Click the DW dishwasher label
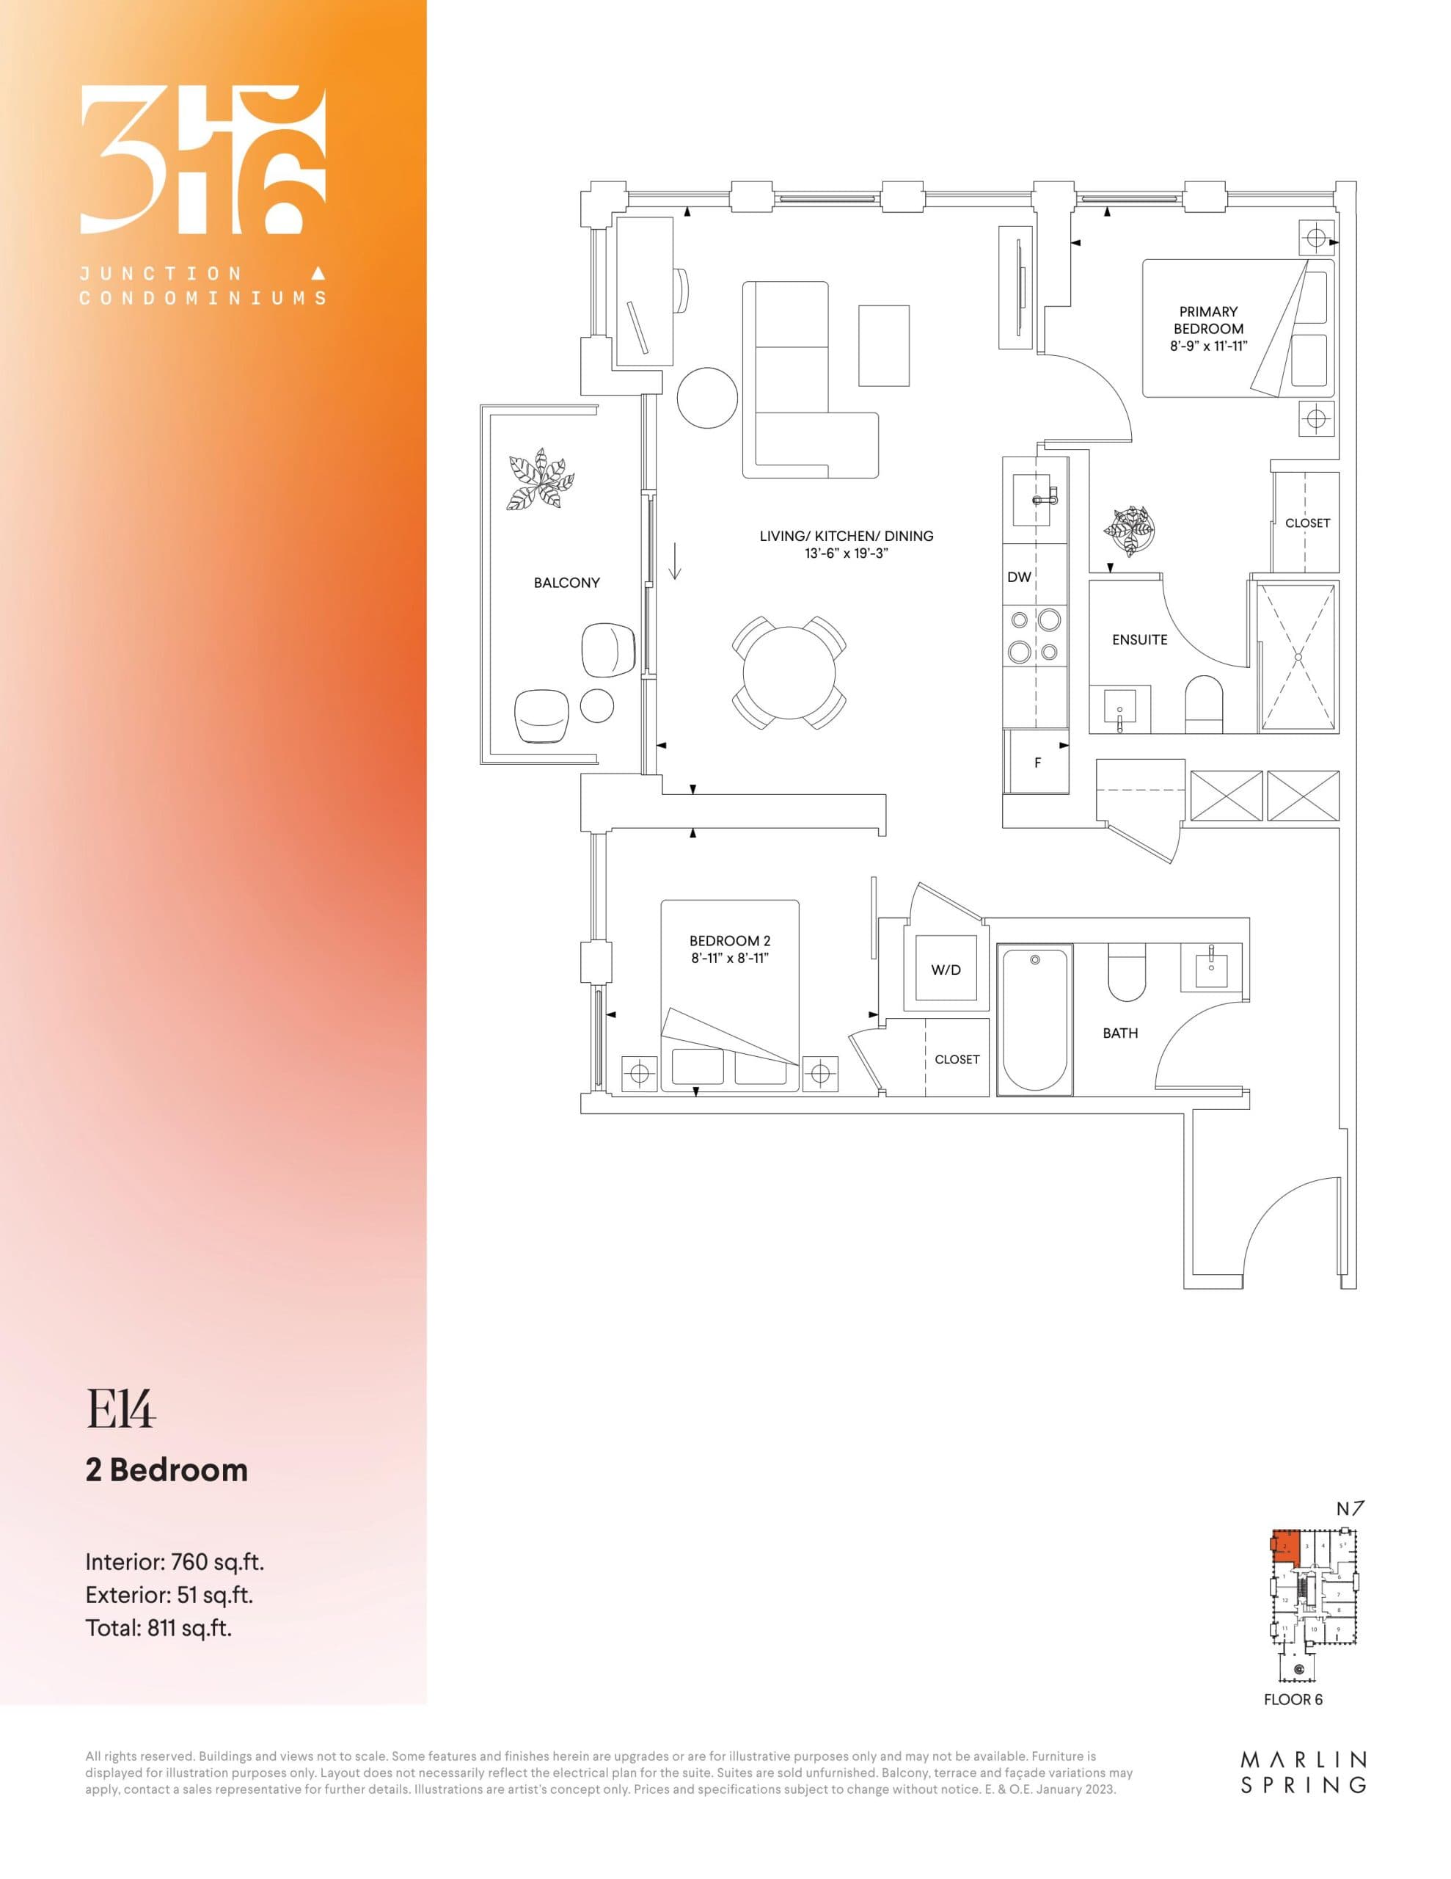[x=1018, y=578]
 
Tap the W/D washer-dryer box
[x=946, y=970]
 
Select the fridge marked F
[x=1037, y=763]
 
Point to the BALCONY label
[x=566, y=583]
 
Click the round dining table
[x=789, y=672]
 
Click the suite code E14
[x=120, y=1409]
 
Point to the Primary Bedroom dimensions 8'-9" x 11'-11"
[x=1207, y=346]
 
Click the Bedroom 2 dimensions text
[x=728, y=958]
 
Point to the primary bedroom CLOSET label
[x=1306, y=523]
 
